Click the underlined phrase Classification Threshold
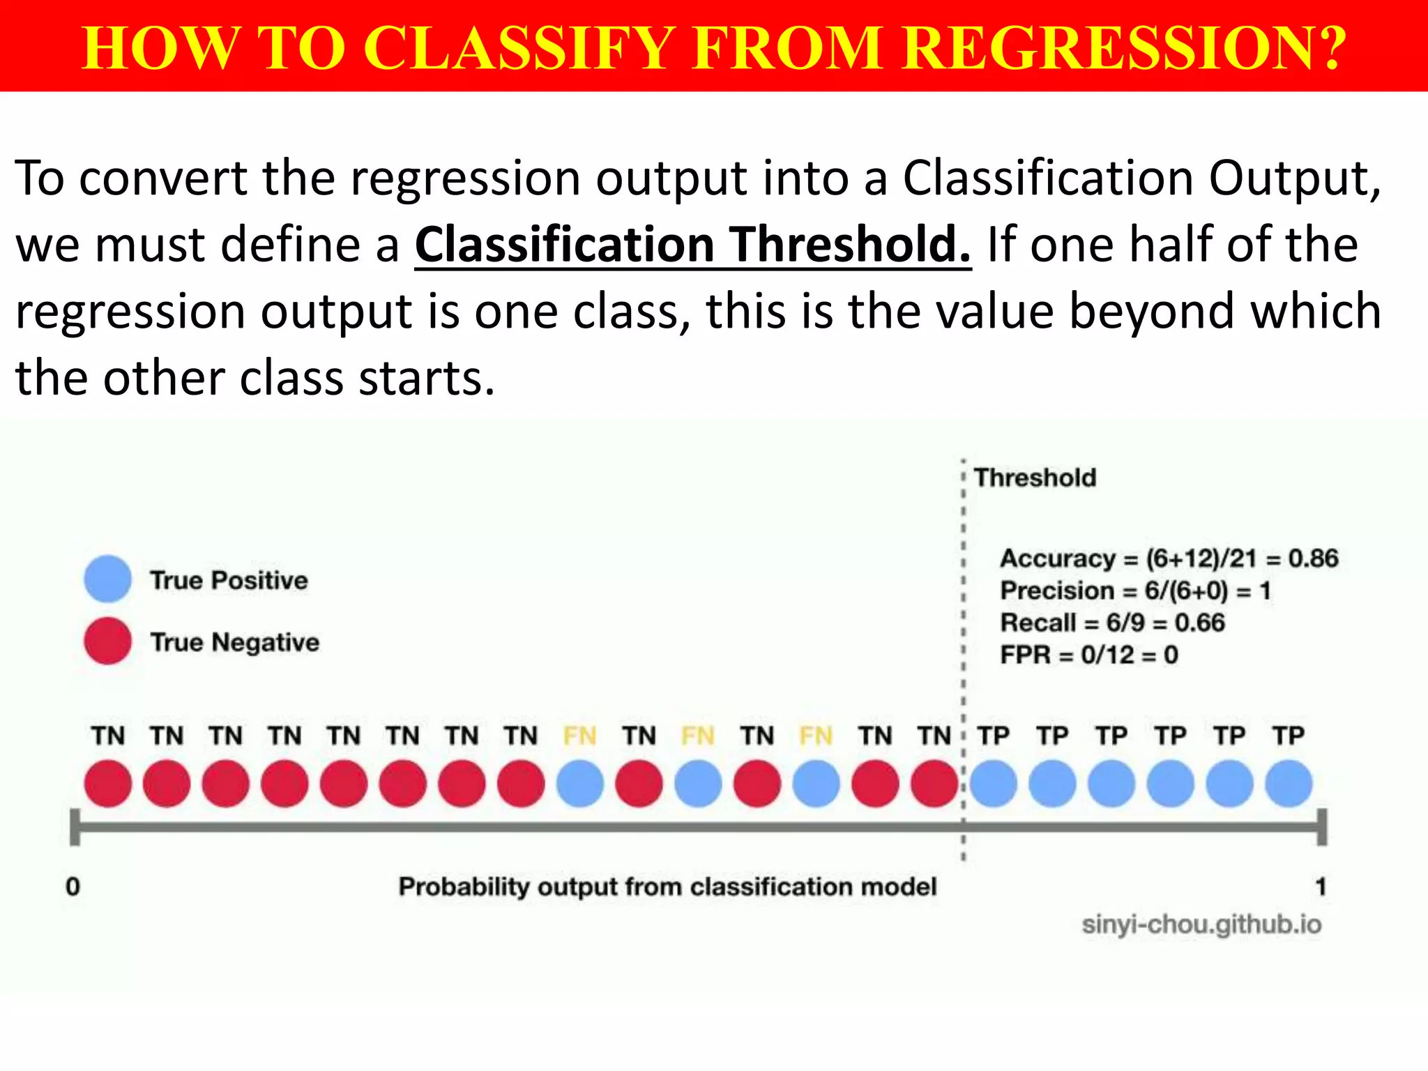(x=692, y=245)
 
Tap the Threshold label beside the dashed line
(x=1035, y=478)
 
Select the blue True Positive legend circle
(x=107, y=579)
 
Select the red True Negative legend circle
(x=107, y=641)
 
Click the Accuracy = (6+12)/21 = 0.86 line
(x=1169, y=559)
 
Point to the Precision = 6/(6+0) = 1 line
(x=1135, y=591)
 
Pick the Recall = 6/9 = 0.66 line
(x=1111, y=623)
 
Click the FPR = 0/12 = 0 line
(x=1088, y=655)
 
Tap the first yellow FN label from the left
(x=579, y=736)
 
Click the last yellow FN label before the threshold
(x=816, y=736)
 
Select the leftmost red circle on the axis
(x=107, y=784)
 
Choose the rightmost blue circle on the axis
(x=1289, y=784)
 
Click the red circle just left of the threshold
(x=934, y=784)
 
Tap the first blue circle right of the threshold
(x=994, y=784)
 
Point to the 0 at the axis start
(x=73, y=886)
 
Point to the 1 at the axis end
(x=1320, y=886)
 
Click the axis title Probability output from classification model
(x=667, y=886)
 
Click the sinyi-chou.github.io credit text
(x=1201, y=925)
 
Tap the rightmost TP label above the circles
(x=1289, y=736)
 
